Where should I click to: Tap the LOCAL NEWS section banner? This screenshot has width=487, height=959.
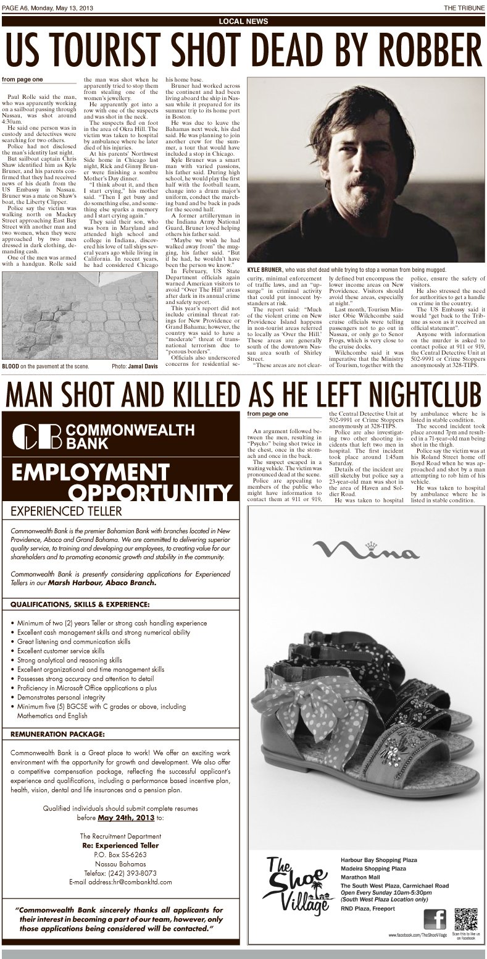click(x=243, y=21)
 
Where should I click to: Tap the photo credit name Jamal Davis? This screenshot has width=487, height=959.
click(x=143, y=366)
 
